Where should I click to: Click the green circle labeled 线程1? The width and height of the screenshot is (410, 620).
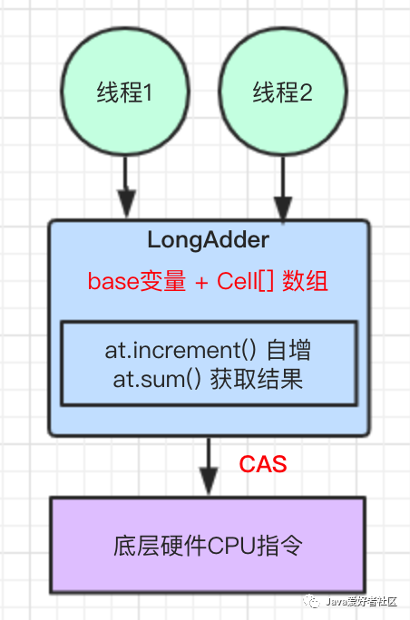coord(125,92)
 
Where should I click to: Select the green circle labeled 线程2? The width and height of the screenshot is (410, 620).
coord(282,92)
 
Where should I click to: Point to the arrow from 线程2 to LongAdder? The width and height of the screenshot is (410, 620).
coord(283,186)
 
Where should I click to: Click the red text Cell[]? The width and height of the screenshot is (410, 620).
coord(246,282)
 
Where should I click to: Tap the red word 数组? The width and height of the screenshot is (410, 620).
coord(305,282)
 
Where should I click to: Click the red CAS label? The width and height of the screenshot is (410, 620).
coord(263,464)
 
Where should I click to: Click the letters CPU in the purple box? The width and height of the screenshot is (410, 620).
coord(232,547)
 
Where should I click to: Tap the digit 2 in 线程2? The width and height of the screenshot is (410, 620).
coord(307,92)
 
